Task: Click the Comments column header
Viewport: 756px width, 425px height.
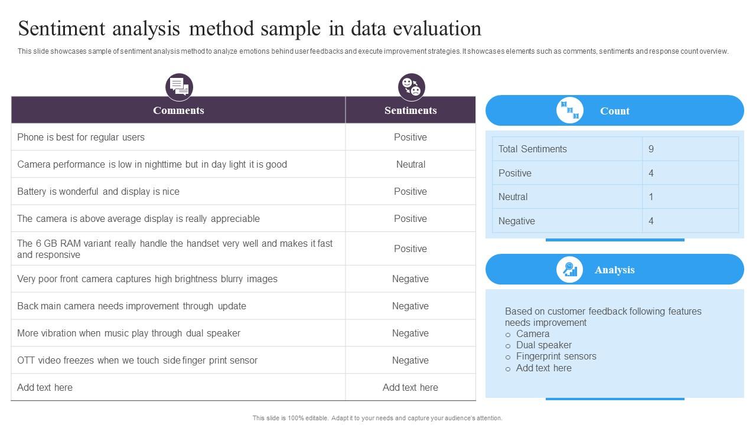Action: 178,110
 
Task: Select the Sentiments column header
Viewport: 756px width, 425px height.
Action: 410,110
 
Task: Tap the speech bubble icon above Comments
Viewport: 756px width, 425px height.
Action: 179,87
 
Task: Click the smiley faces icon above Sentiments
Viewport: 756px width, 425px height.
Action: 411,87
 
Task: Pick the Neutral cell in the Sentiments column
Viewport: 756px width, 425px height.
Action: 410,164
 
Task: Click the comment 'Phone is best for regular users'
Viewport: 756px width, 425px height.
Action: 81,137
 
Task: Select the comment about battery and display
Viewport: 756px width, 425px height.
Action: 98,191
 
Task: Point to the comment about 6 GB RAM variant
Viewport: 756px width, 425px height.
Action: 175,249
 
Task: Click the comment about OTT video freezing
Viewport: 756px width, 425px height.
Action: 137,360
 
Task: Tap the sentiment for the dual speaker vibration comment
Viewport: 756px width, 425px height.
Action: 410,333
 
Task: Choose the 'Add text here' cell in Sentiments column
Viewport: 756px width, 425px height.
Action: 410,387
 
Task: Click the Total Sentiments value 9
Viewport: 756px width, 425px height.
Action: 651,149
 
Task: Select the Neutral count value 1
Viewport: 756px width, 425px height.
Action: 651,197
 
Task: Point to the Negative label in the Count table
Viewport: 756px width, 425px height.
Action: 516,221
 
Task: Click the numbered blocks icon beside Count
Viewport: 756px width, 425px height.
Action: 570,110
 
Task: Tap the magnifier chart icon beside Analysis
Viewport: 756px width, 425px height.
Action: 570,270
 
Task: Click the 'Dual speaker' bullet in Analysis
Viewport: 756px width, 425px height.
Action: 543,345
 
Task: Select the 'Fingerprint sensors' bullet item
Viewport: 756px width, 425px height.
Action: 556,356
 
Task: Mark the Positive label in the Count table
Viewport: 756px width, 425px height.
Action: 514,173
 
